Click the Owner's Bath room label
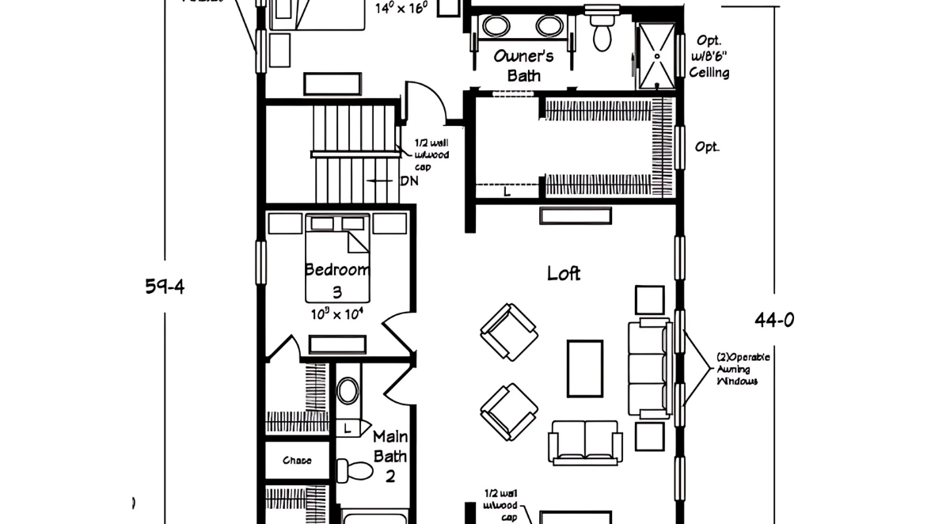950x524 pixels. (523, 66)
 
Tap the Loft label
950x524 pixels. (564, 273)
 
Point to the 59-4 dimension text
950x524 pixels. (165, 287)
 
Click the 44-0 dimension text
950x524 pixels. (774, 320)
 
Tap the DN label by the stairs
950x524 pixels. (409, 180)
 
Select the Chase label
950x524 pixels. (296, 460)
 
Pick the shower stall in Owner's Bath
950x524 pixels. (657, 55)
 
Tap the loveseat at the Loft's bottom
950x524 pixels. (586, 442)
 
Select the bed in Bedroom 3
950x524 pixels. (337, 257)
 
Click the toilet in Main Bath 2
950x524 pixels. (354, 470)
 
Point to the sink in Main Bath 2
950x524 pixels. (348, 391)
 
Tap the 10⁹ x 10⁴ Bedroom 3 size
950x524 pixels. (337, 313)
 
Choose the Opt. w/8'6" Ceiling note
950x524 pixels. (709, 56)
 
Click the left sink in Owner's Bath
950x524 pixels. (497, 27)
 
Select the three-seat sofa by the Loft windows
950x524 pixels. (648, 368)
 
